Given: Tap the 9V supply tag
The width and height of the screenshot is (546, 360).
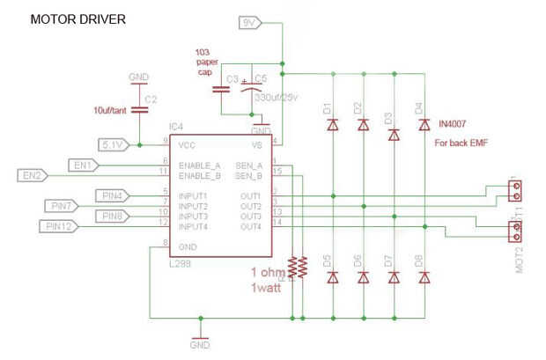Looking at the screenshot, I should point(250,20).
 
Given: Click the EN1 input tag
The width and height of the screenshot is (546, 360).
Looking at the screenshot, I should point(85,165).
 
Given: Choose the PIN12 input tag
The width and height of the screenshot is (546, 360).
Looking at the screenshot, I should point(60,227).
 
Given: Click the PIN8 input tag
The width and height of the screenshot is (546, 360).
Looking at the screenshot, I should point(113,216).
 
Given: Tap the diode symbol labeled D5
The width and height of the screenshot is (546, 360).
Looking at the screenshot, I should point(333,277).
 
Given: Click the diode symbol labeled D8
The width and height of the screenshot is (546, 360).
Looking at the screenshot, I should point(424,277).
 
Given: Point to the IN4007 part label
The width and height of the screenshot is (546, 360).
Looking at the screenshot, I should point(456,126).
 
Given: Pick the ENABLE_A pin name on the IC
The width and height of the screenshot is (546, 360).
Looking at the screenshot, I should point(200,165).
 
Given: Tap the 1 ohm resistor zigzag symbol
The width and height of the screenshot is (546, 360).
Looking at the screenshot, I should point(299,267).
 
